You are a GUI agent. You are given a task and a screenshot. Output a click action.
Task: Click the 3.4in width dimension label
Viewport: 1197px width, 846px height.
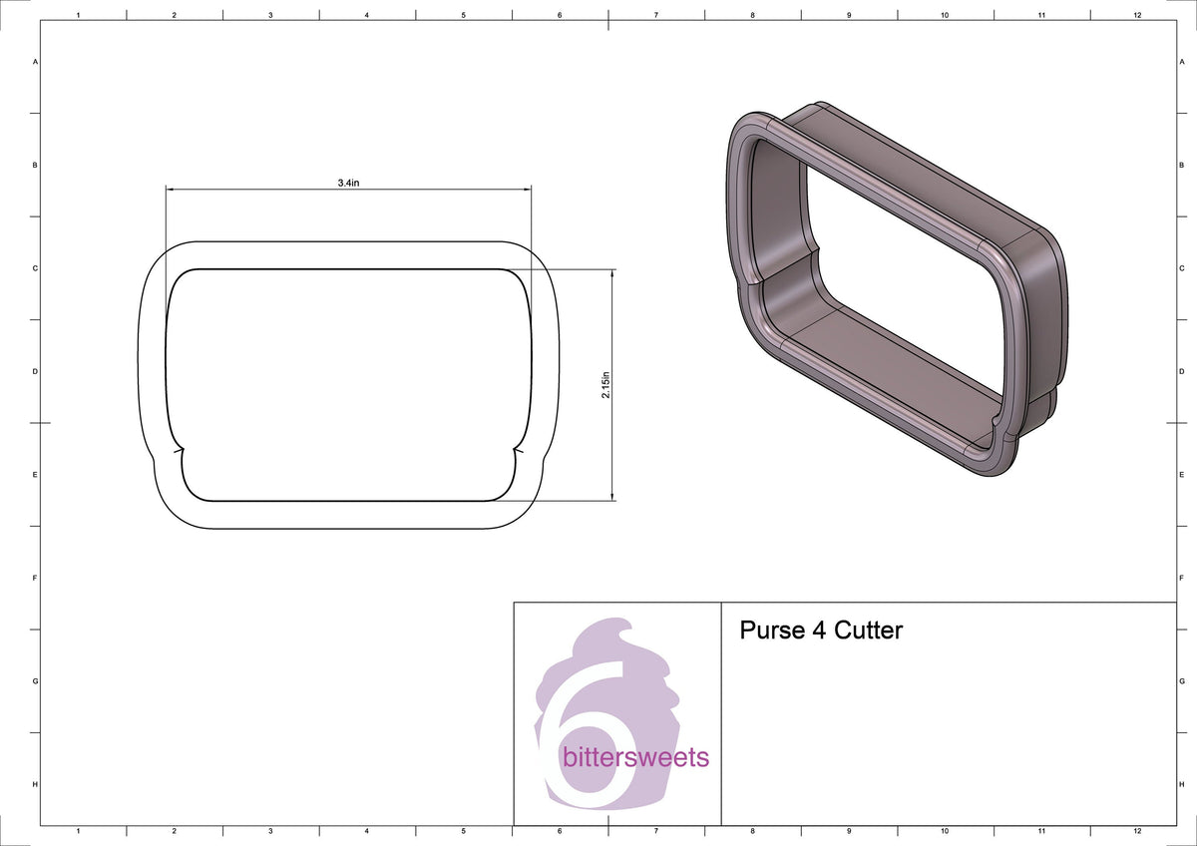tap(349, 183)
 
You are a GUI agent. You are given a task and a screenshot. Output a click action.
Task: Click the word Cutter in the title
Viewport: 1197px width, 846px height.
tap(868, 631)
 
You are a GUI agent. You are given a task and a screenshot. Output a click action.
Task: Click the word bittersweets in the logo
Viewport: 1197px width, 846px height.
tap(636, 757)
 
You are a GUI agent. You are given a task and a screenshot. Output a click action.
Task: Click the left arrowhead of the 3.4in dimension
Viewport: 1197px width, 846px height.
tap(171, 190)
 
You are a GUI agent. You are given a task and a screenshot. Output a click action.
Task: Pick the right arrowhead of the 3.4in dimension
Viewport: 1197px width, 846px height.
tap(527, 190)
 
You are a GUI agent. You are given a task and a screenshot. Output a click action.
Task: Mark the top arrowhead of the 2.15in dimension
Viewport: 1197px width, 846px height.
tap(611, 273)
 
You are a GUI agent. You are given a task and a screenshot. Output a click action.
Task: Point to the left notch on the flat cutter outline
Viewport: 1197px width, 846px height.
tap(180, 451)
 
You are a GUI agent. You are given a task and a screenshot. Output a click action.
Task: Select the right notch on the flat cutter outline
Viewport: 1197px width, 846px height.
tap(517, 451)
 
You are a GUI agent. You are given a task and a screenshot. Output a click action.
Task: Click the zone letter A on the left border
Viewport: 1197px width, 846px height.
tap(36, 62)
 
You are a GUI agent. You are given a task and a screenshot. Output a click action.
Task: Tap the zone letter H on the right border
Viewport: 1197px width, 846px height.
tap(1181, 784)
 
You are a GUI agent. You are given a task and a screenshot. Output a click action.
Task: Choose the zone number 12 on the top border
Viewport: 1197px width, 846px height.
tap(1137, 16)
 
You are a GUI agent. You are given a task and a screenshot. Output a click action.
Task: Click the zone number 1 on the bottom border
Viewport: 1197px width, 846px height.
tap(78, 830)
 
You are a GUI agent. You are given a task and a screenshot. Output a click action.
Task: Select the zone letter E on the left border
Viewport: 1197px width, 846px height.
tap(36, 475)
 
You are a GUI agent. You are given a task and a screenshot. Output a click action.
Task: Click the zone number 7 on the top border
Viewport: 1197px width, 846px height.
tap(655, 16)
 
